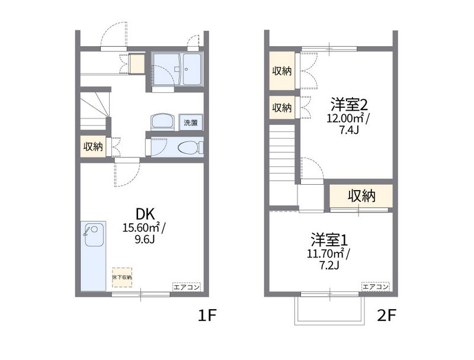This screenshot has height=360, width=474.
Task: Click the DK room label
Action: coord(145,214)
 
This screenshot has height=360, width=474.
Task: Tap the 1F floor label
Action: coord(207,316)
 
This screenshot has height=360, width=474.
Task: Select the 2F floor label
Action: coord(386,316)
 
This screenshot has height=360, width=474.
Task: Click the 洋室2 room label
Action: coord(349,105)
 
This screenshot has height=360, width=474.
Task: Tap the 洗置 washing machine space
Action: coord(191,123)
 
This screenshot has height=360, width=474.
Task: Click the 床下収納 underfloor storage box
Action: coord(122,277)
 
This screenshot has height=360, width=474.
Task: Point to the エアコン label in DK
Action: coord(187,287)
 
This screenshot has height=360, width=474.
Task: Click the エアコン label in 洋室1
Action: coord(376,287)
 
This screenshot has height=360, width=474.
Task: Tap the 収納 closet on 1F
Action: coord(93,146)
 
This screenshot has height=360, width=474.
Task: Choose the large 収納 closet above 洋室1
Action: coord(361,196)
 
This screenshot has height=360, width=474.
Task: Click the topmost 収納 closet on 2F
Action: coord(282,71)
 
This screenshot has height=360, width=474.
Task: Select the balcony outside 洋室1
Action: coord(329,311)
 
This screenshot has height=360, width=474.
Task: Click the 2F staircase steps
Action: coord(282,154)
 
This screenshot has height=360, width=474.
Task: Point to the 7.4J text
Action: coord(349,130)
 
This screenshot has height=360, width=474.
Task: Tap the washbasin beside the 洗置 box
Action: coord(162,122)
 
